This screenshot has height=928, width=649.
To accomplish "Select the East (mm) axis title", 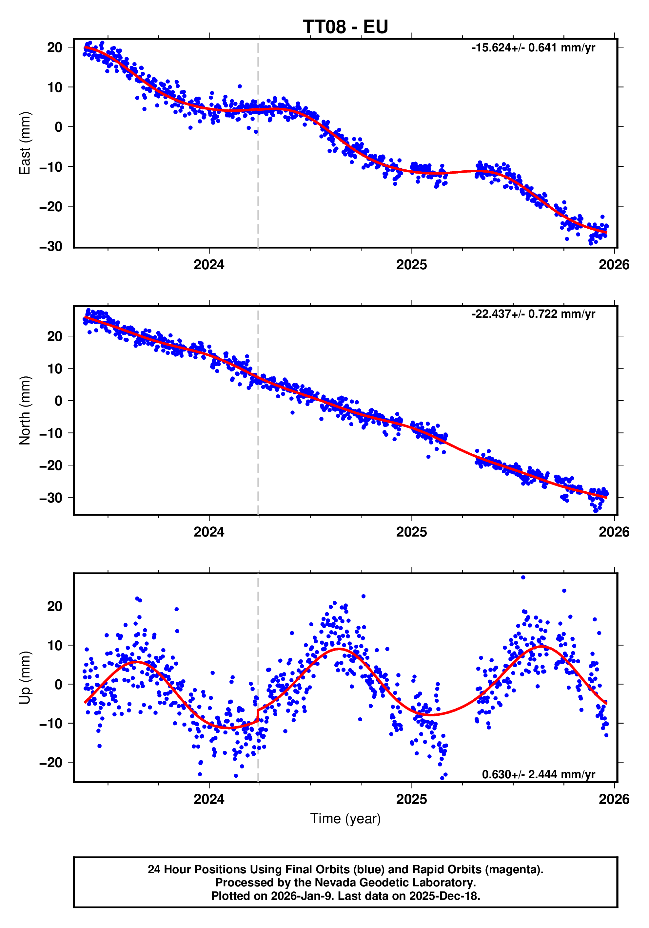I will [25, 143].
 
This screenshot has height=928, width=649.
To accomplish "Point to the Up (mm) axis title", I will [25, 678].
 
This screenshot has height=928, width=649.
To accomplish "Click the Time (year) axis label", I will [345, 819].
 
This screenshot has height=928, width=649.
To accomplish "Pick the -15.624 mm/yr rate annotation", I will [533, 48].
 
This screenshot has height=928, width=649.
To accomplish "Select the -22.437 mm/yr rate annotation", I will [533, 314].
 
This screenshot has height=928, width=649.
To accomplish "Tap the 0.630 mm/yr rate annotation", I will [538, 774].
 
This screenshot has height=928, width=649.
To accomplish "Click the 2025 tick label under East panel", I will [411, 265].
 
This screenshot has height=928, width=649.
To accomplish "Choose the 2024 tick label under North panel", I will [209, 532].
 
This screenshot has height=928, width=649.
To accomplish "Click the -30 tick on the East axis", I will [50, 246].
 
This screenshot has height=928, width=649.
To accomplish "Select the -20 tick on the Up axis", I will [50, 763].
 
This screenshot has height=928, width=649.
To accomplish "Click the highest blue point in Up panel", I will [523, 578].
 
